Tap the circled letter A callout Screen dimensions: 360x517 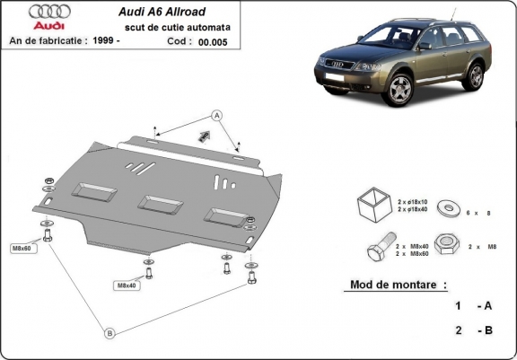click(x=215, y=114)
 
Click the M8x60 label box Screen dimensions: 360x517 click(x=22, y=248)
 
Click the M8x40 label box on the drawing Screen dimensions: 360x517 click(x=126, y=285)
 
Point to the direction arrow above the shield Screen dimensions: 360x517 click(x=204, y=136)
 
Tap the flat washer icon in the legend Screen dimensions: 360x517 click(x=445, y=209)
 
